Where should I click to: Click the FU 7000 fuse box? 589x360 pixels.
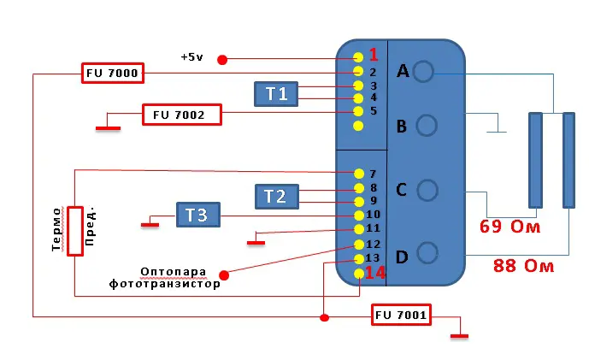[x=113, y=73]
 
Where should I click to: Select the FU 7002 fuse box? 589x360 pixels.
[x=182, y=115]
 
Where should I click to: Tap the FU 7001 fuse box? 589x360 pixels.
[x=401, y=315]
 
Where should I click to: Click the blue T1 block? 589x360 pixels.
[x=276, y=94]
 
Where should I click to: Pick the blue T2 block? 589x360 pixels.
[x=277, y=197]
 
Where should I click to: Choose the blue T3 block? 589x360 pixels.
[x=198, y=215]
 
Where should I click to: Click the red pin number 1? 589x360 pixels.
[x=373, y=55]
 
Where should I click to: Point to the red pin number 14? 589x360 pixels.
[x=375, y=273]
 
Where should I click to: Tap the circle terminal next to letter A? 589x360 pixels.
[x=423, y=71]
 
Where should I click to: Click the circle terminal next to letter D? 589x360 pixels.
[x=427, y=252]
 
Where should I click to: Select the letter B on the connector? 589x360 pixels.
[x=402, y=127]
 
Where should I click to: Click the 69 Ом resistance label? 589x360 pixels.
[x=509, y=227]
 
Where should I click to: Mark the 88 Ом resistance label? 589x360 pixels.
[x=523, y=266]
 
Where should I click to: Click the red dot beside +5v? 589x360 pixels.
[x=222, y=60]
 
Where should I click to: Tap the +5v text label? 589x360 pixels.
[x=191, y=57]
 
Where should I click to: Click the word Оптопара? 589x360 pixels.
[x=174, y=271]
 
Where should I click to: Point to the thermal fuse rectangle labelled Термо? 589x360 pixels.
[x=75, y=231]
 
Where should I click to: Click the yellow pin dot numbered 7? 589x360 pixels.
[x=359, y=174]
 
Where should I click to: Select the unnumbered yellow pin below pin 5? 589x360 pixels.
[x=358, y=126]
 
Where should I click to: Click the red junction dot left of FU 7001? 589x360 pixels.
[x=325, y=318]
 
